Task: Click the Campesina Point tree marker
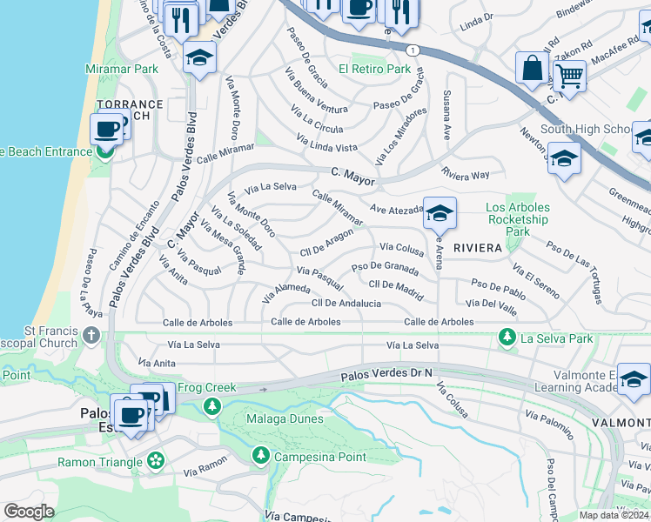pyautogui.click(x=260, y=456)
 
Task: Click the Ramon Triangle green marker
pyautogui.click(x=156, y=460)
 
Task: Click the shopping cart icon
pyautogui.click(x=568, y=76)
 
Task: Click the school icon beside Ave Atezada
pyautogui.click(x=440, y=211)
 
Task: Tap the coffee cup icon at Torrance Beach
pyautogui.click(x=107, y=130)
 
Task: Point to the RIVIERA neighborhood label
pyautogui.click(x=476, y=248)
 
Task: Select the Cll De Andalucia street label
pyautogui.click(x=346, y=304)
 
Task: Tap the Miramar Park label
pyautogui.click(x=121, y=68)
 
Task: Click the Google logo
pyautogui.click(x=29, y=512)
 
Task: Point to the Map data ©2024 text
pyautogui.click(x=613, y=515)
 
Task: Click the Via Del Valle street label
pyautogui.click(x=491, y=304)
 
